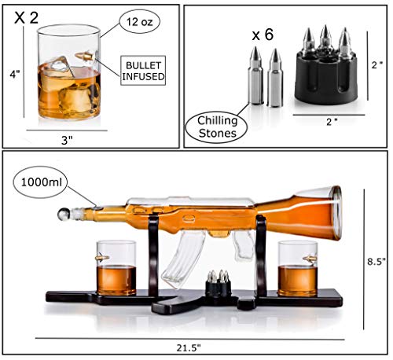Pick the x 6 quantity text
(x=261, y=35)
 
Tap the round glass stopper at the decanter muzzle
(x=61, y=211)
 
